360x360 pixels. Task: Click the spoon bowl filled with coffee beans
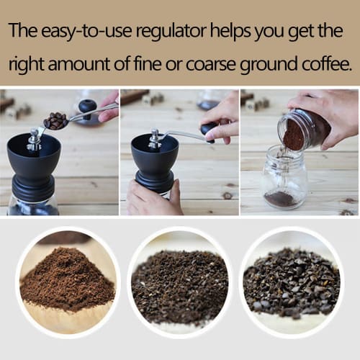click(55, 120)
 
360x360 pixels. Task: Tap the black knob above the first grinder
click(87, 107)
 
